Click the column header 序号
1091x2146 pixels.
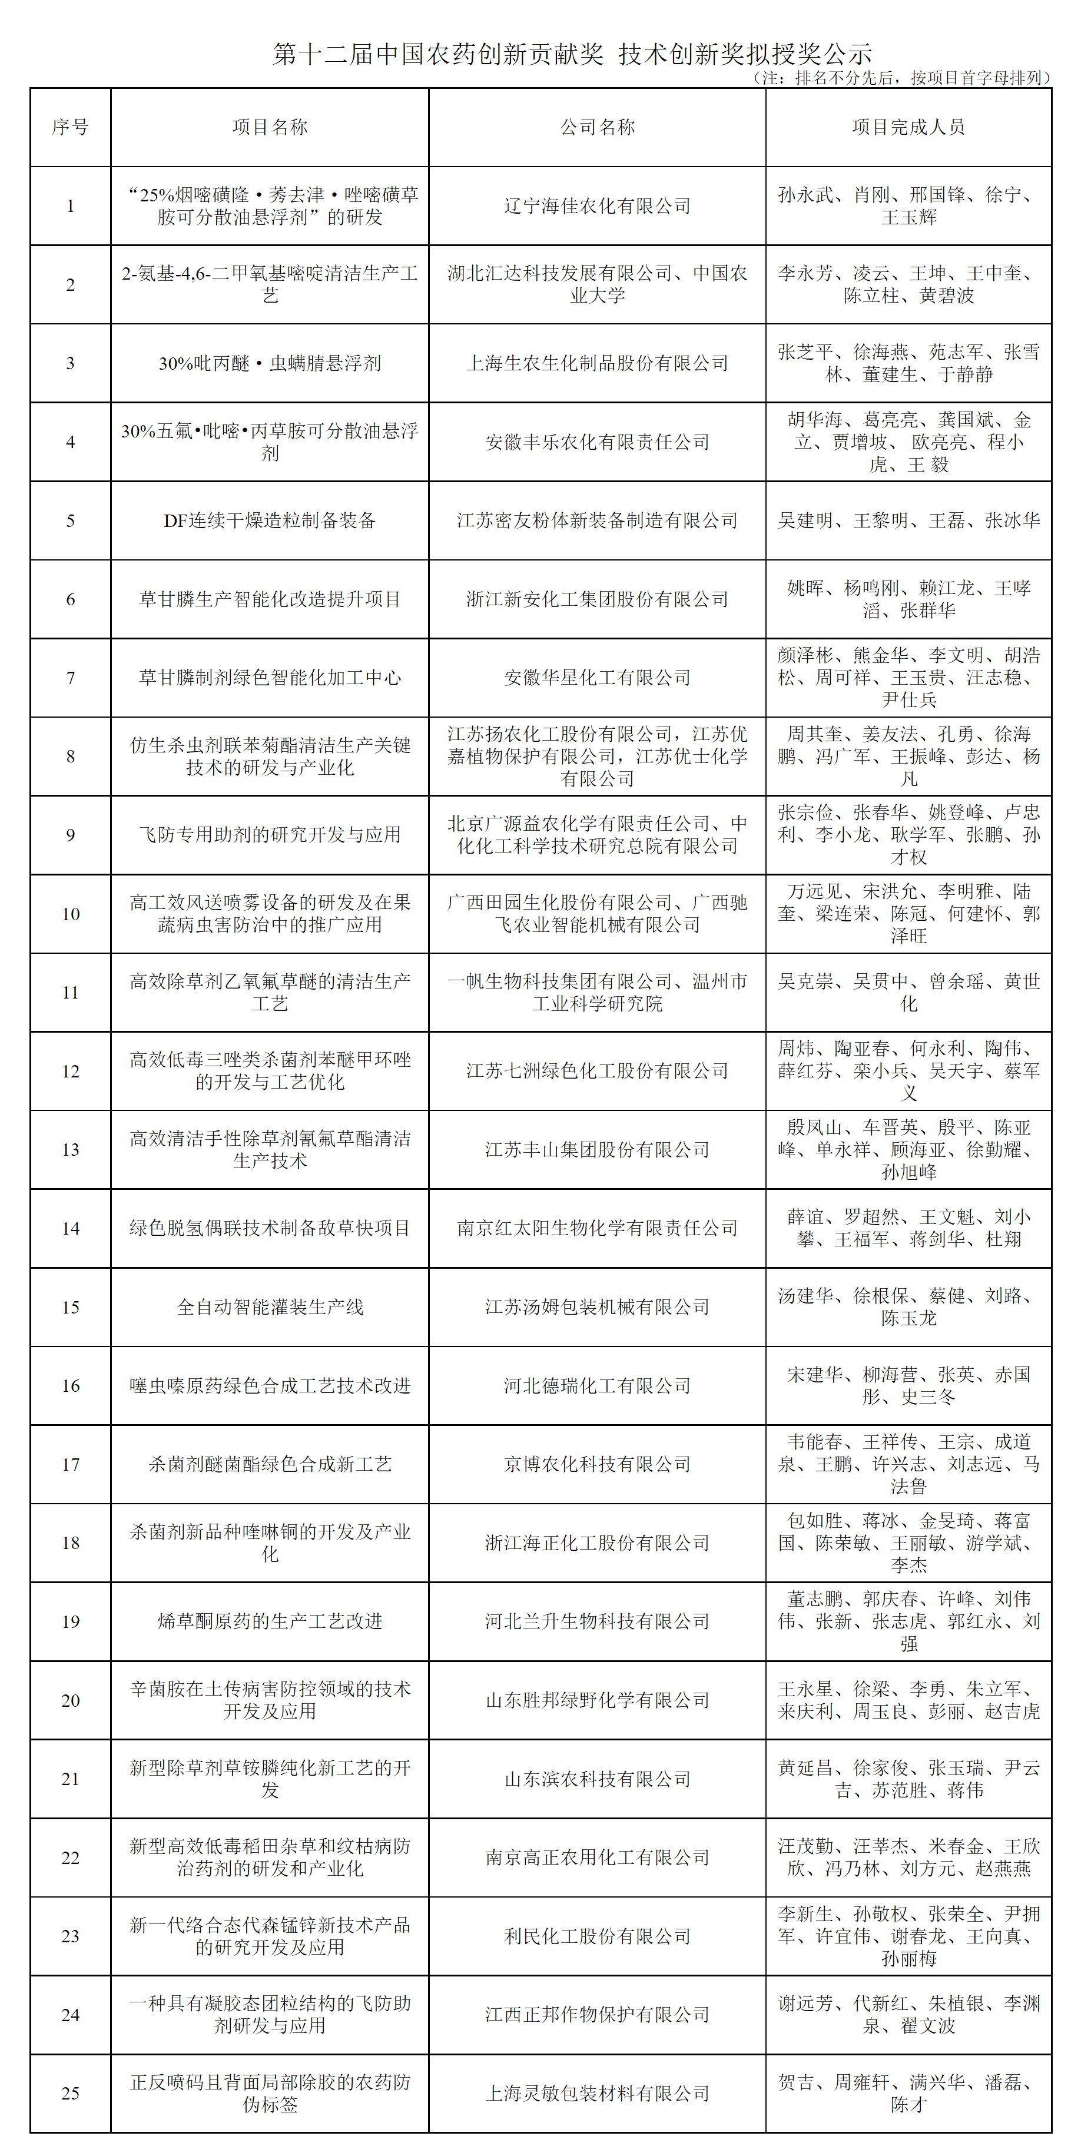70,127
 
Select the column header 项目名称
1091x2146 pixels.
270,127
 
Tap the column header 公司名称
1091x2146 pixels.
597,127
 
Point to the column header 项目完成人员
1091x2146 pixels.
908,127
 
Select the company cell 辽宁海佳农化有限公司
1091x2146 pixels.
597,206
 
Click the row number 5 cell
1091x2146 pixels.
70,520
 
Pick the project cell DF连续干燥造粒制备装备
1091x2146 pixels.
270,520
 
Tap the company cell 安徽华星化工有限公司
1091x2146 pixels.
597,677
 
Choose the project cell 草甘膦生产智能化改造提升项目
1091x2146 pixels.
270,599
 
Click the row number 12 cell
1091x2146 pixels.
70,1070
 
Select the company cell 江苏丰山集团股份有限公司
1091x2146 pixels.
597,1150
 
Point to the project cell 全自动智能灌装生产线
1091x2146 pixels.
270,1306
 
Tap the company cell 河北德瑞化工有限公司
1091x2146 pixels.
597,1385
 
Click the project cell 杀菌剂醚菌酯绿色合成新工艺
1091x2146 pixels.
270,1464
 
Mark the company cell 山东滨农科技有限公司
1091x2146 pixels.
597,1779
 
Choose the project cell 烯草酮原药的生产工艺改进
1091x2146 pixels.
270,1621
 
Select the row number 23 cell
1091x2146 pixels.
70,1936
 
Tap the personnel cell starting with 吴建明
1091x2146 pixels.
908,520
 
